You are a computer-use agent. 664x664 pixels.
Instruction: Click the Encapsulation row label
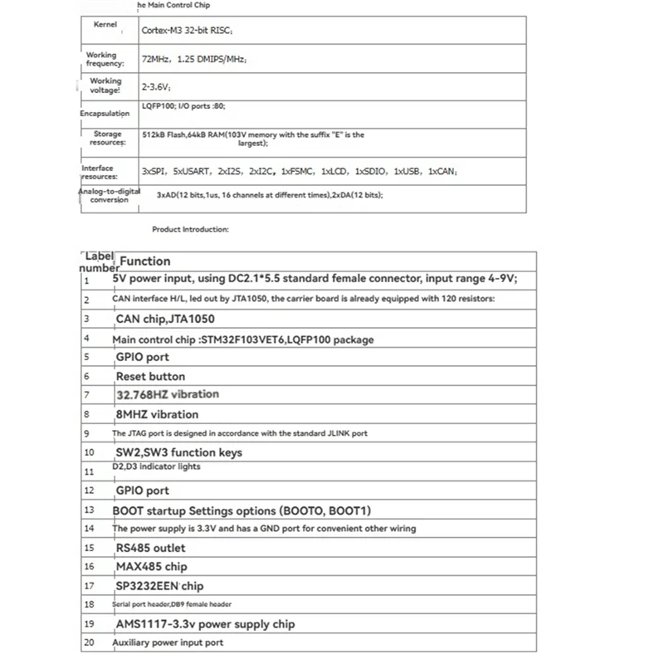[x=105, y=113]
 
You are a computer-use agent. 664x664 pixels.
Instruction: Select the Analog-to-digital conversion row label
[x=109, y=195]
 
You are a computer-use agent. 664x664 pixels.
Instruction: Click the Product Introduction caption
[x=190, y=229]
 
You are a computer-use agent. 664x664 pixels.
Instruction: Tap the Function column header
[x=145, y=261]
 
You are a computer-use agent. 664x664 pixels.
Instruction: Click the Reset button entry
[x=150, y=376]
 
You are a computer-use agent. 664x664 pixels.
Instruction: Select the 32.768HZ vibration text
[x=168, y=394]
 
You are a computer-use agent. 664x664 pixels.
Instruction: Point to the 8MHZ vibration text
[x=157, y=414]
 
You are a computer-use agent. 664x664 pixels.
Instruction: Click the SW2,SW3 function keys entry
[x=178, y=452]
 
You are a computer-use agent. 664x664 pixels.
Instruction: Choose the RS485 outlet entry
[x=150, y=548]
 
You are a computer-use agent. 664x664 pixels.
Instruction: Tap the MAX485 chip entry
[x=151, y=567]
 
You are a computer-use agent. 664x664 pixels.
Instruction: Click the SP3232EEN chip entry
[x=159, y=586]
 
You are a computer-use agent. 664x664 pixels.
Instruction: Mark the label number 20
[x=89, y=642]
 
